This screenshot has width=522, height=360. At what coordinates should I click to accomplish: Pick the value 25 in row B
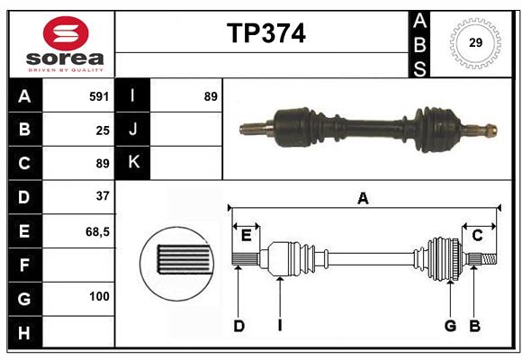coord(103,130)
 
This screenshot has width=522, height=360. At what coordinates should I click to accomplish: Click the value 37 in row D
coord(103,195)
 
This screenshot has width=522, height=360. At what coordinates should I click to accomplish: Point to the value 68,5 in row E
coord(97,231)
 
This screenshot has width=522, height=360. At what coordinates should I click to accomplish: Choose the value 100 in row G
coord(99,296)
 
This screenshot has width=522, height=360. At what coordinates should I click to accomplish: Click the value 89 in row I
coord(211,95)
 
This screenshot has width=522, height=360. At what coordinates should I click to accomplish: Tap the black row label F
coord(24,265)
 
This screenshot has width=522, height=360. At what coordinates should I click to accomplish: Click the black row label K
coord(133,162)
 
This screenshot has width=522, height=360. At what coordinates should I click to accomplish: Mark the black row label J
coord(133,130)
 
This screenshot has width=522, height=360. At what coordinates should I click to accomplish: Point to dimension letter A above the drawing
coord(363,199)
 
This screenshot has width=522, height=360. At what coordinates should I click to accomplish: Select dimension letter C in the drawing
coord(478,235)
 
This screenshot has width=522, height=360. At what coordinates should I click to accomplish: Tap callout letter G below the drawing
coord(450,326)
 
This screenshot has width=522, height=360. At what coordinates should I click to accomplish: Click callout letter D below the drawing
coord(239,326)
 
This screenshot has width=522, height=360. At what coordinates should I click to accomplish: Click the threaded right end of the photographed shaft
coord(488,129)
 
